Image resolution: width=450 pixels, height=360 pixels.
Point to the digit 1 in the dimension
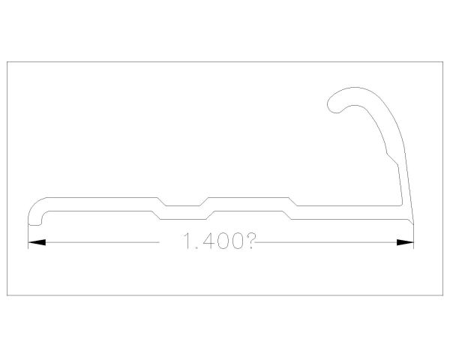click(187, 241)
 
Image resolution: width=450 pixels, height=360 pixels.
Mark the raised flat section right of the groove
click(247, 198)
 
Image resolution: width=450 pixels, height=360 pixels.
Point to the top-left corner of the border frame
click(7, 61)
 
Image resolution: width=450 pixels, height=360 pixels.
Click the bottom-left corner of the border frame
click(7, 295)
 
